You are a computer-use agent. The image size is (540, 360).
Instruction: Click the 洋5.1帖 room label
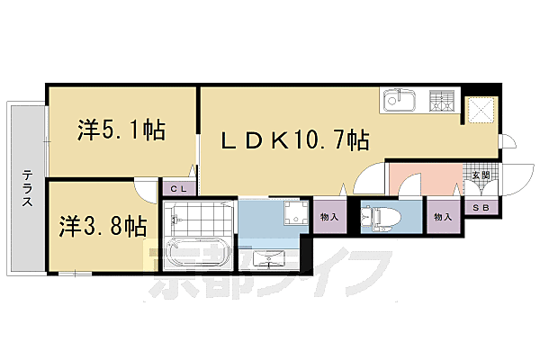pos(121,131)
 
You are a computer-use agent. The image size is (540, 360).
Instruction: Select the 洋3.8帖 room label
pos(103,226)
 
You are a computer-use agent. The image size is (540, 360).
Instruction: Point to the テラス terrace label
pos(28,188)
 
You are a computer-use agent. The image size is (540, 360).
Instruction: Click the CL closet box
pos(176,189)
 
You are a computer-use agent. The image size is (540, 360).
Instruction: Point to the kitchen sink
pos(398,103)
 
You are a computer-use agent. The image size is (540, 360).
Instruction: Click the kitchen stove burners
pos(441,103)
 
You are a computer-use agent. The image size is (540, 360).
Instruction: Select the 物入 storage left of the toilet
pos(329,216)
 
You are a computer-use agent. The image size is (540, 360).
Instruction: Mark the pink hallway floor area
pos(423,178)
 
